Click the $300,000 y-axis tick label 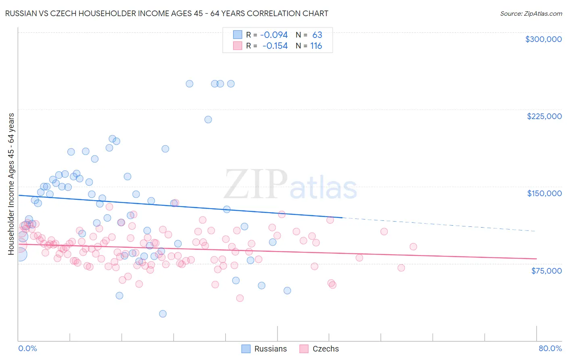point(543,39)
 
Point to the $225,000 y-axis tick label point(544,116)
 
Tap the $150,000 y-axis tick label point(544,193)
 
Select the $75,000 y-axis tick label point(546,270)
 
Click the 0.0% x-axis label point(27,348)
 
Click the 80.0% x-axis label point(550,348)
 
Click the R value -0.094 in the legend point(274,35)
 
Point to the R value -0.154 point(275,46)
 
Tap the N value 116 point(316,46)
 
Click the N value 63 point(317,35)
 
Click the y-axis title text point(11,184)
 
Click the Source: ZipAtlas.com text point(531,13)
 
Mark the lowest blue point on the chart point(163,314)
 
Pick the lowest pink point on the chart point(240,298)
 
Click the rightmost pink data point point(413,247)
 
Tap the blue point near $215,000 point(208,119)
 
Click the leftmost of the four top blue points point(190,84)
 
